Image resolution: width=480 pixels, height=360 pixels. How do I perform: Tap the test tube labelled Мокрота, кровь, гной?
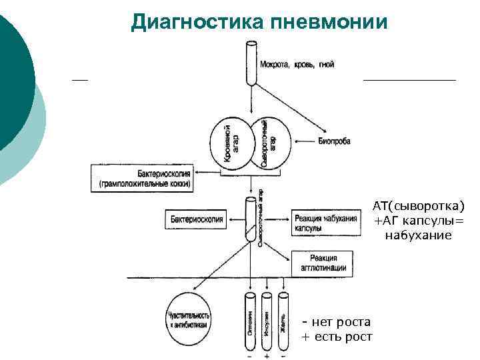pyautogui.click(x=251, y=63)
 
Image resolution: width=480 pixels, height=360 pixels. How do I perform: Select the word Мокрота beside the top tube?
pyautogui.click(x=273, y=65)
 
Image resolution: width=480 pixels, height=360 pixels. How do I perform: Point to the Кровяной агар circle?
pyautogui.click(x=231, y=144)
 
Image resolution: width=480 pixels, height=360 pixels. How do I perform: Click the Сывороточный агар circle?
pyautogui.click(x=268, y=143)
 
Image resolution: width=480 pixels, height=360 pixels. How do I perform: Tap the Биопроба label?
pyautogui.click(x=335, y=141)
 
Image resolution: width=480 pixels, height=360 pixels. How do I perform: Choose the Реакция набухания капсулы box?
pyautogui.click(x=325, y=223)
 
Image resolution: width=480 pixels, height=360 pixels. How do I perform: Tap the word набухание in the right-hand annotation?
pyautogui.click(x=418, y=235)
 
